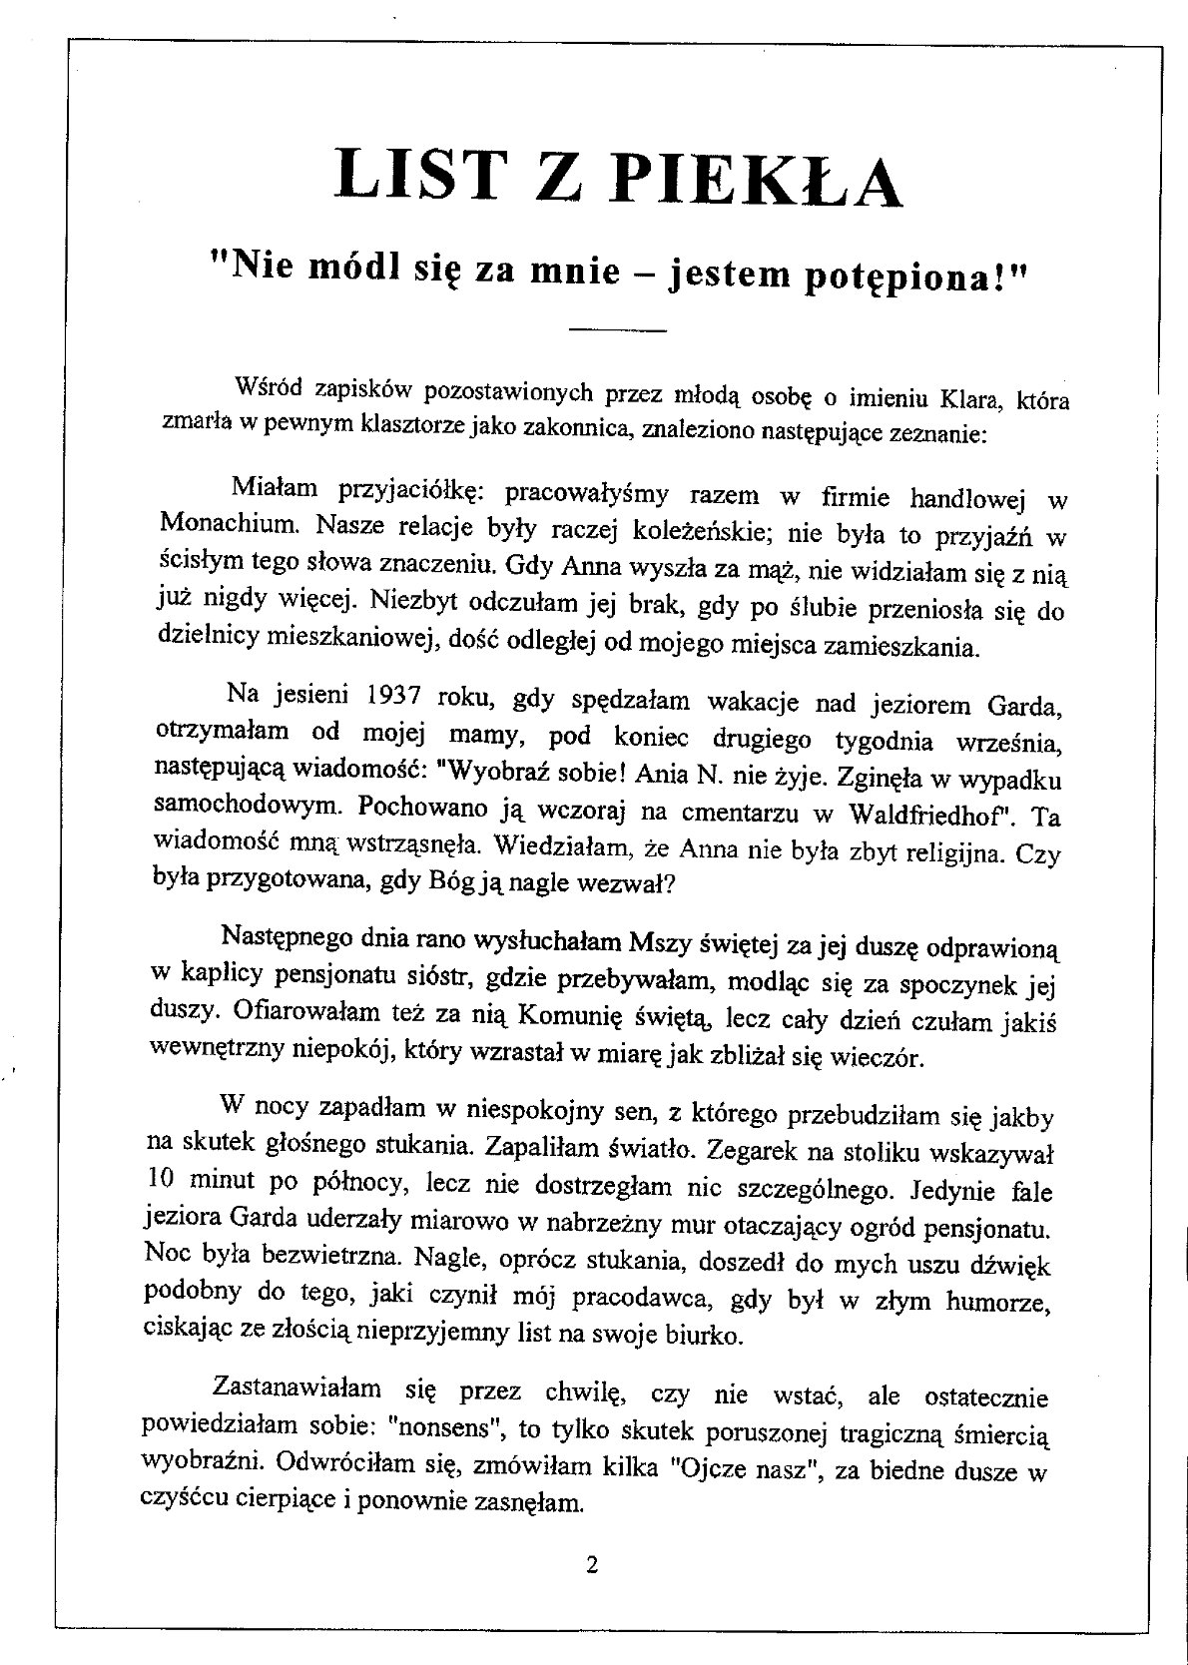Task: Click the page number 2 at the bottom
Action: tap(592, 1565)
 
